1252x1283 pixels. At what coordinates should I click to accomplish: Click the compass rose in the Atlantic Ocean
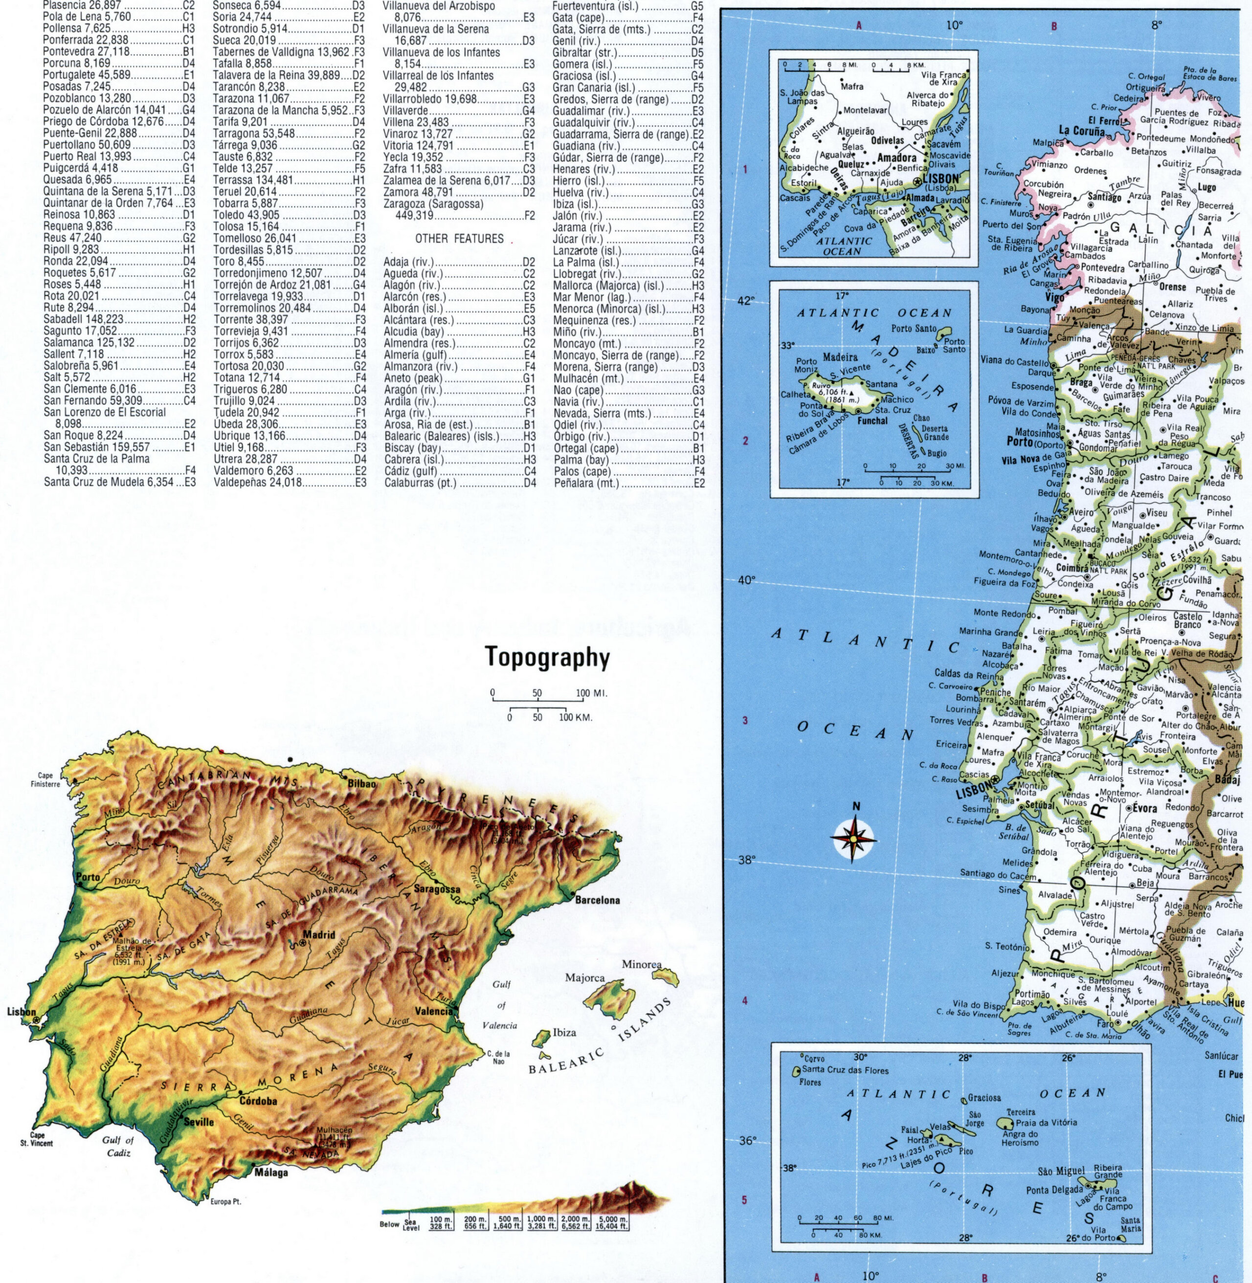click(853, 838)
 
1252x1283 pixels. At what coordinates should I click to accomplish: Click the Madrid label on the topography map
click(319, 935)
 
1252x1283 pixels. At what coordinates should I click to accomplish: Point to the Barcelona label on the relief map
click(597, 901)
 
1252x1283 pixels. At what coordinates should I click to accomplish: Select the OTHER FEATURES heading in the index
click(459, 239)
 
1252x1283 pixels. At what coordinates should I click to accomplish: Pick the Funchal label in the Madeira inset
click(872, 420)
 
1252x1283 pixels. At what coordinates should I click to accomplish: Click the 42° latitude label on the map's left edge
click(746, 301)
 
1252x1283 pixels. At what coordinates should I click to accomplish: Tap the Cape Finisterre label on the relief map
click(45, 779)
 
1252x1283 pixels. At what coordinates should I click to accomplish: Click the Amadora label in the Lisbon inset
click(897, 158)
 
